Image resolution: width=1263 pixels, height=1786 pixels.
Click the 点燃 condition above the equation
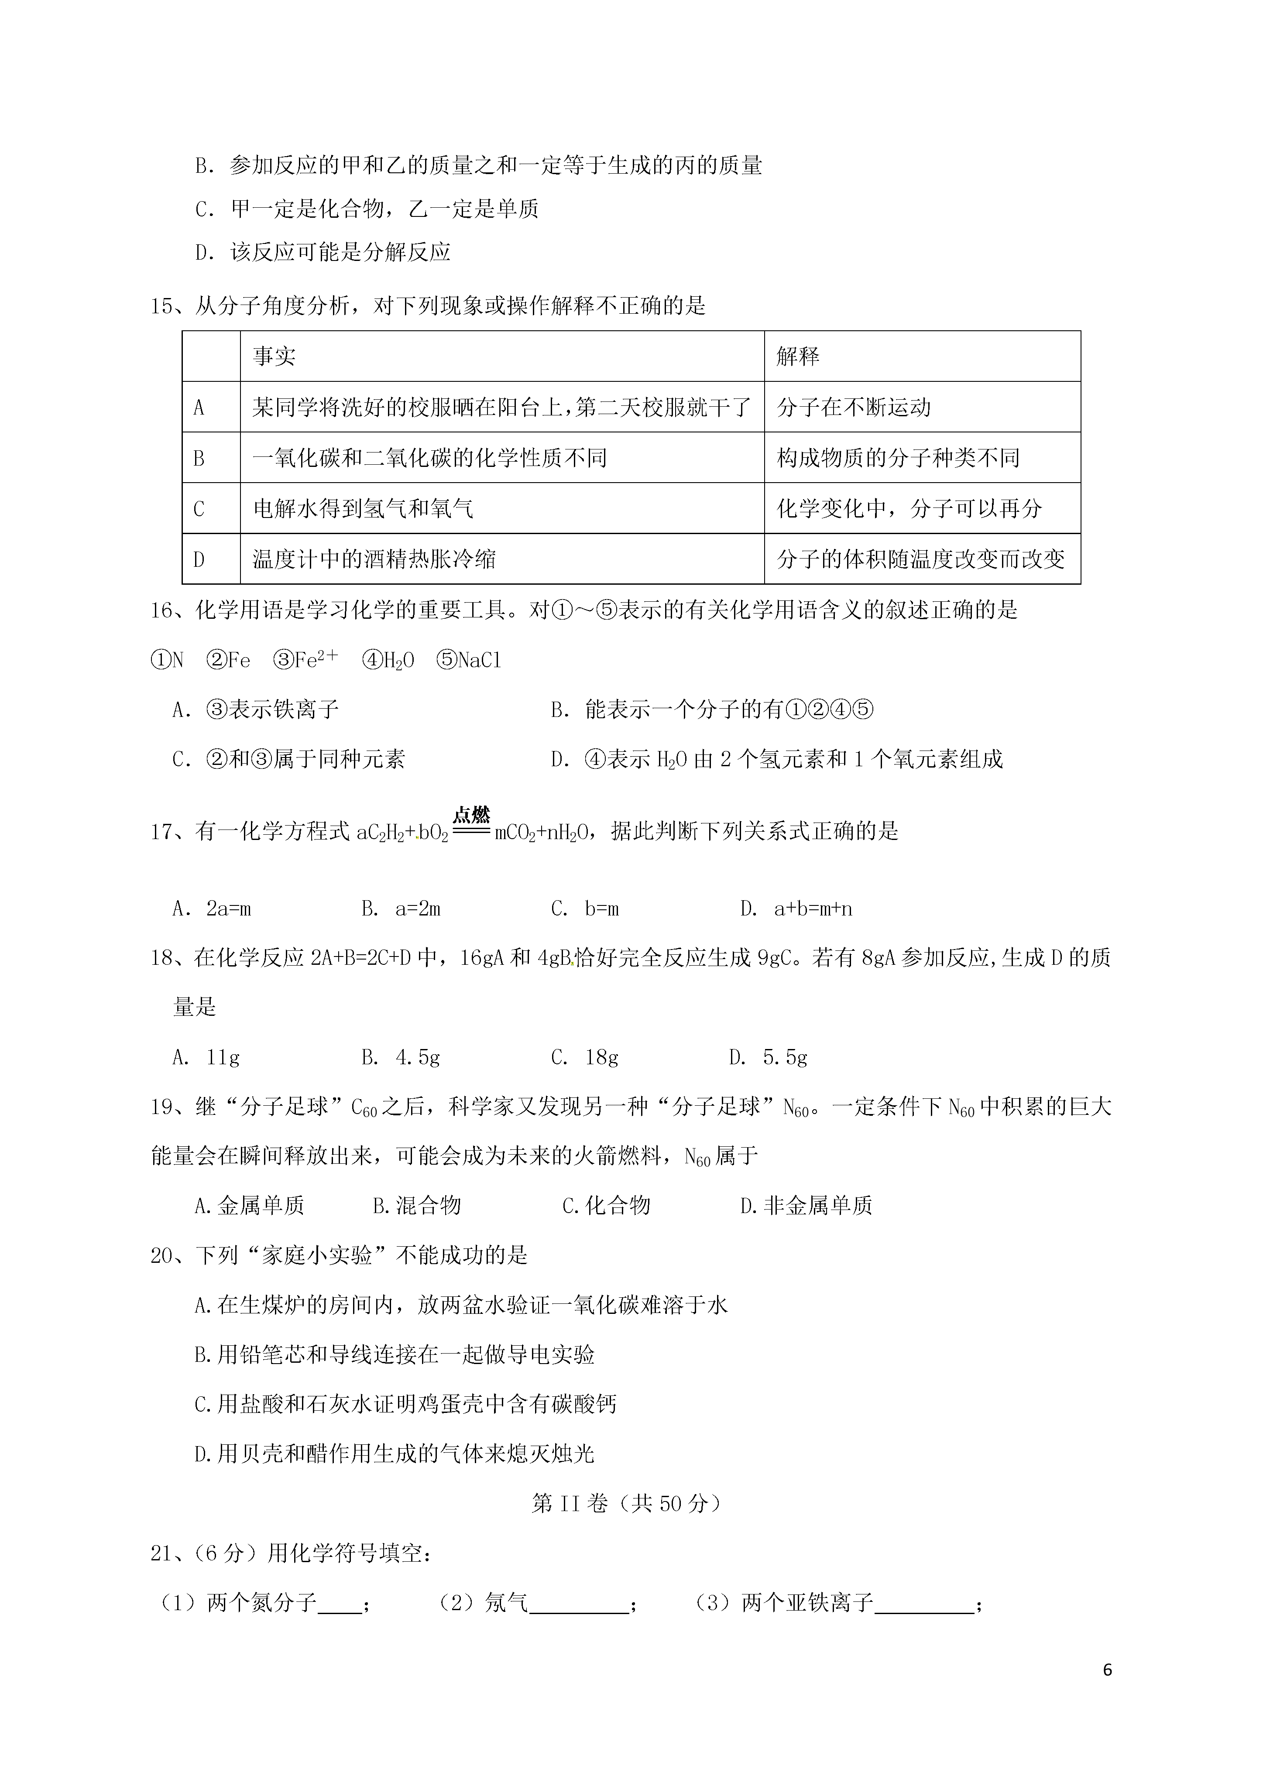(472, 814)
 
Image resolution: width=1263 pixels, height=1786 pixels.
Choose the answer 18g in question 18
(585, 1057)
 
